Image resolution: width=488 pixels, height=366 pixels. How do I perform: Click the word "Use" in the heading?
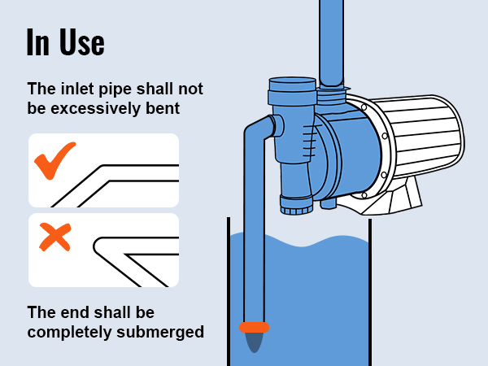80,42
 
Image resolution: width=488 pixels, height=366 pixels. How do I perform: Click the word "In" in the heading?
37,42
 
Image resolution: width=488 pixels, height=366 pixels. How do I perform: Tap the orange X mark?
54,237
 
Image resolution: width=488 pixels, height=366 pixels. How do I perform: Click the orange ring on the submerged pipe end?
254,327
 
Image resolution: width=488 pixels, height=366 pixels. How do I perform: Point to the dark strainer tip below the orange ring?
255,342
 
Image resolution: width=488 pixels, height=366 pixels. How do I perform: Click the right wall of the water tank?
370,293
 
